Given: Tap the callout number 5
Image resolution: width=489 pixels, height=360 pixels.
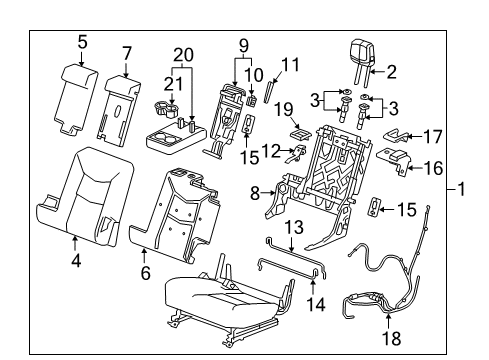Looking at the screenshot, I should click(x=83, y=41).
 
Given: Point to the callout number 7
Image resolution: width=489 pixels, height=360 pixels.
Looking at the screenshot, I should click(x=126, y=52).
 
